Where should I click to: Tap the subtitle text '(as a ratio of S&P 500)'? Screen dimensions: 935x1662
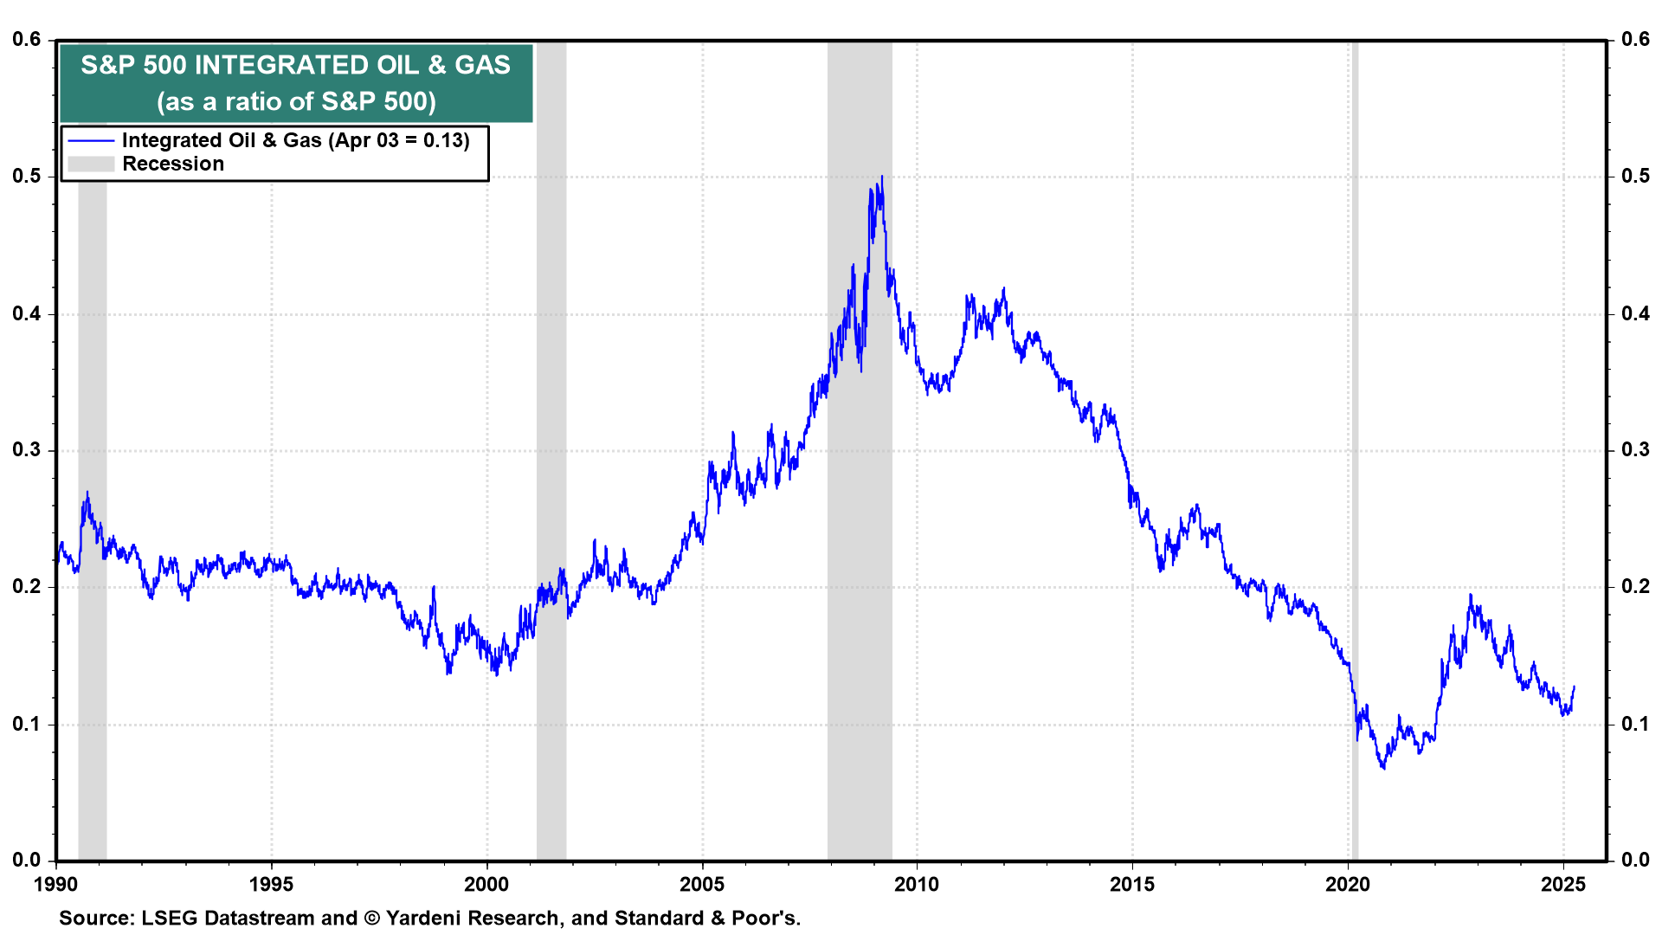click(x=296, y=101)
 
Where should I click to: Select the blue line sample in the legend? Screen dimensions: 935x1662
click(x=91, y=140)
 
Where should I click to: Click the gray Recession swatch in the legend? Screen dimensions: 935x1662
click(x=91, y=164)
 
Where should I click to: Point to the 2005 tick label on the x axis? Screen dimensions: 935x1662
click(x=702, y=884)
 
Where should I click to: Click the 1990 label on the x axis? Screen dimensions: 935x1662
click(x=56, y=884)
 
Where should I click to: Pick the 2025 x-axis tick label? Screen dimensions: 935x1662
click(x=1563, y=884)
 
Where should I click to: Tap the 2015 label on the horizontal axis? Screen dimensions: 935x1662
click(x=1132, y=884)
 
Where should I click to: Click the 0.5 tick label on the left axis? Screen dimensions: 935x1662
click(x=26, y=176)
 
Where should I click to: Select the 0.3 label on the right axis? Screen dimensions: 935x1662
click(x=1635, y=449)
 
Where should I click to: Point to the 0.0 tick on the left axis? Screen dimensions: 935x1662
click(x=26, y=860)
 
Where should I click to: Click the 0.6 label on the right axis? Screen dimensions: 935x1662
click(x=1635, y=39)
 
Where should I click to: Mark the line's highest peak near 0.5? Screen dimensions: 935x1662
click(x=882, y=177)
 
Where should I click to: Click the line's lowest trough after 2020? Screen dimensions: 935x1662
click(x=1383, y=768)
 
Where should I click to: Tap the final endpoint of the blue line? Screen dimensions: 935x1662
click(x=1574, y=687)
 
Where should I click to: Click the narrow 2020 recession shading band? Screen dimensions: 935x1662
click(x=1355, y=433)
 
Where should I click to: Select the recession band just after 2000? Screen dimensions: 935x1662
click(x=551, y=433)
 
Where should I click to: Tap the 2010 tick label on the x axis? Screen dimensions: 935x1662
click(x=917, y=884)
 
